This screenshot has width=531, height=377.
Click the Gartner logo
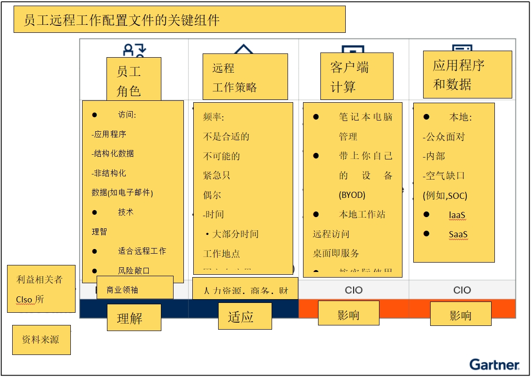coord(494,364)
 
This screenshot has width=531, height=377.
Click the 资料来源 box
coord(41,340)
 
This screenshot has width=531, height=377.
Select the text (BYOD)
coord(352,195)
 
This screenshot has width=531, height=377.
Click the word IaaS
coord(457,215)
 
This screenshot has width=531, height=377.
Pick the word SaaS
coord(458,235)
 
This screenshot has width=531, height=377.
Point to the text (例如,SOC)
coord(445,196)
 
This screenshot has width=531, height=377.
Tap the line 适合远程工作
coord(142,251)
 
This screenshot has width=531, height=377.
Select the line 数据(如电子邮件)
coord(122,193)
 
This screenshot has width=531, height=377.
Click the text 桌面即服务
coord(336,254)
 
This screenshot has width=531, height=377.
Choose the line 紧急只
coord(217,176)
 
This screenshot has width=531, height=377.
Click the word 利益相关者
coord(39,280)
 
